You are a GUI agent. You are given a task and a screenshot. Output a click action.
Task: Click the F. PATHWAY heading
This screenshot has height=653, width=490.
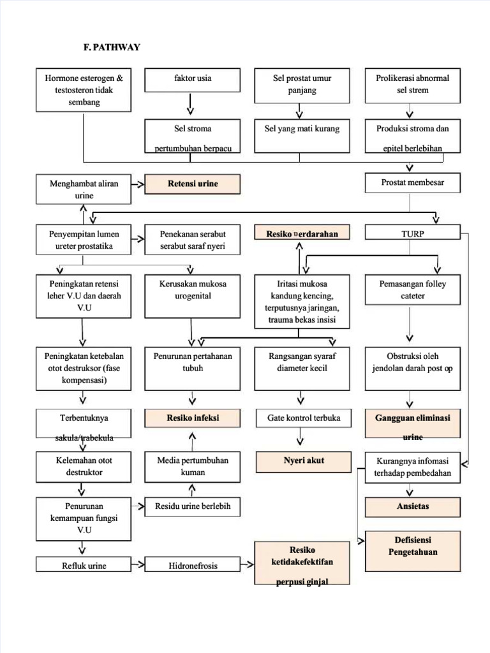tap(112, 47)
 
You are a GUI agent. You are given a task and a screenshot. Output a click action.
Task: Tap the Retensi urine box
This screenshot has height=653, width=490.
tap(193, 184)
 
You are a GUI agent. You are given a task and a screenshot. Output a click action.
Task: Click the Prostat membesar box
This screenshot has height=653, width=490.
tap(412, 183)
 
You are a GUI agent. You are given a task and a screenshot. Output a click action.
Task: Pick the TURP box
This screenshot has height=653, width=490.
tap(412, 234)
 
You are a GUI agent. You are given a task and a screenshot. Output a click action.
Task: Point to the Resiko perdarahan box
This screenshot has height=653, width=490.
tap(302, 234)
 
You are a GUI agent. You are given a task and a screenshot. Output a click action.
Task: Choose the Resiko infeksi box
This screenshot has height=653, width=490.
tap(193, 419)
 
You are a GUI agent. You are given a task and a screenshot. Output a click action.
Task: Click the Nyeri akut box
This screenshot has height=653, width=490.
tap(304, 462)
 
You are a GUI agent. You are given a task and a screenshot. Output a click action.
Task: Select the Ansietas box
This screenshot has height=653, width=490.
tap(412, 507)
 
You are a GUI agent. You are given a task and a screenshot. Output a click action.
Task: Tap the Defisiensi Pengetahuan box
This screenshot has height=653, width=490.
tap(412, 550)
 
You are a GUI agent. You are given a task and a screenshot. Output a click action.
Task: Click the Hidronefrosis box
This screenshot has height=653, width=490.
tap(193, 566)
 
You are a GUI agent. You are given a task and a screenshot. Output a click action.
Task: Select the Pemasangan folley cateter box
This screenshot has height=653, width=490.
tap(412, 296)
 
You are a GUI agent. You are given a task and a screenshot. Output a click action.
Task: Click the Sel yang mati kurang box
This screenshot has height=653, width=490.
tap(302, 135)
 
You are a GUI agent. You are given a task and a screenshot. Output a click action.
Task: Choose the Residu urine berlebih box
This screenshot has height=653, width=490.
tap(193, 507)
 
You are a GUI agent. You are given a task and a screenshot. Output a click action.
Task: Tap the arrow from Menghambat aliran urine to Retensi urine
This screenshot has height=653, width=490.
tap(137, 184)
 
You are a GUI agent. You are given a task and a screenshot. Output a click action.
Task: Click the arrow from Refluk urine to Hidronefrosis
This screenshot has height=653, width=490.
tap(137, 566)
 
